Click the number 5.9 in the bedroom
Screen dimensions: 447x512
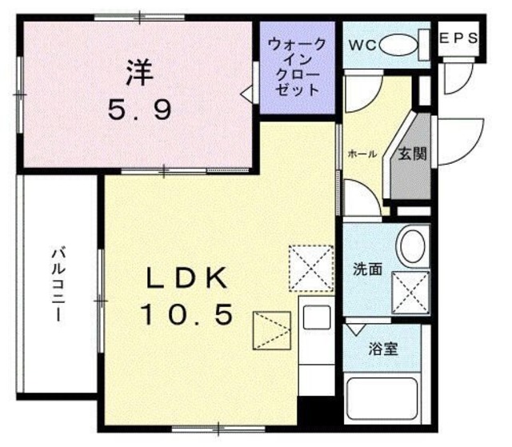pyautogui.click(x=140, y=110)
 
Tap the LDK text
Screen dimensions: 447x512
pyautogui.click(x=189, y=279)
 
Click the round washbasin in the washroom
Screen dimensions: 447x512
pyautogui.click(x=413, y=245)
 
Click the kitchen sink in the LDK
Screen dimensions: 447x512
pyautogui.click(x=316, y=319)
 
